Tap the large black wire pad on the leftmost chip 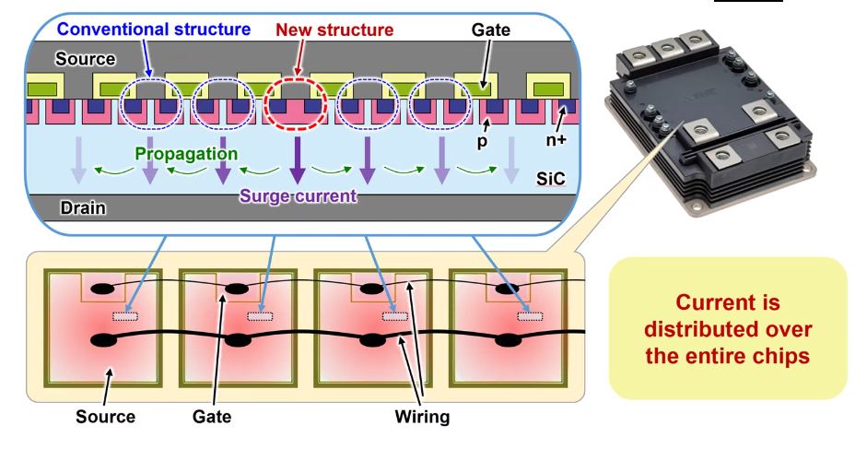tap(103, 341)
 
